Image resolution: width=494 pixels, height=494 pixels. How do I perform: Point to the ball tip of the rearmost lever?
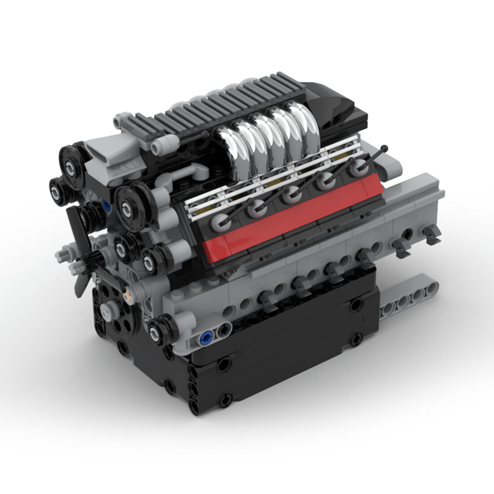(384, 148)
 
